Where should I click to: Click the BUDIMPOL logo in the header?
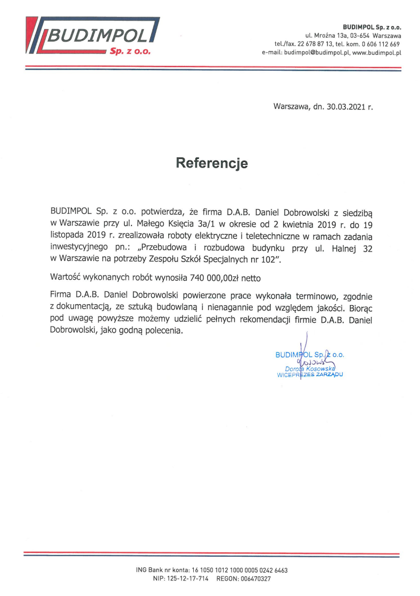(x=93, y=37)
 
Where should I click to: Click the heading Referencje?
(x=212, y=163)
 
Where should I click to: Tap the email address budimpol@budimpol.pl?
(x=316, y=53)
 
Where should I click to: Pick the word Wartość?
(x=65, y=278)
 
